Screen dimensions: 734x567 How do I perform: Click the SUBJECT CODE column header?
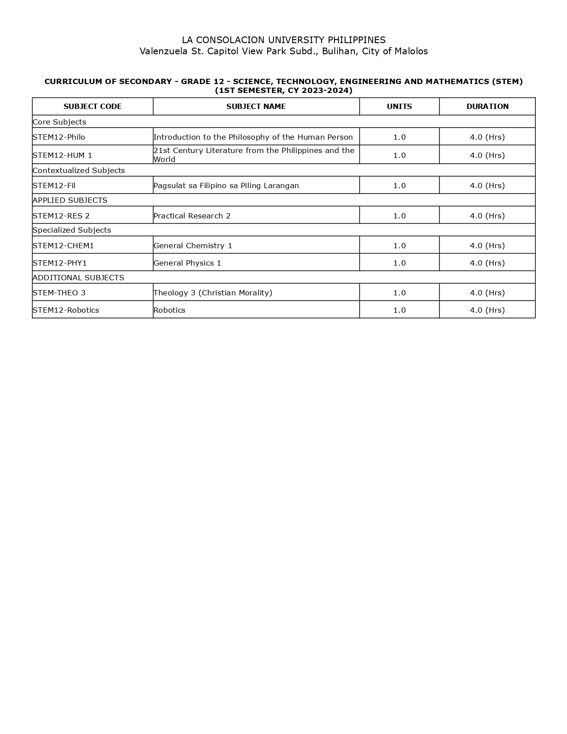(x=92, y=106)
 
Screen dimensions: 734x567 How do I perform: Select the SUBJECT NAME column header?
(x=256, y=106)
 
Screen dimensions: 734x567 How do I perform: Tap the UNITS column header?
(x=399, y=106)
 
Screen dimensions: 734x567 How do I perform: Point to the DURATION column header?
(x=487, y=106)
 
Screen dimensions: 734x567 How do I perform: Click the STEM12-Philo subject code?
(x=59, y=137)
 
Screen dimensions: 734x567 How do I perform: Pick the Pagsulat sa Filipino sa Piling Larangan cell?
(x=226, y=186)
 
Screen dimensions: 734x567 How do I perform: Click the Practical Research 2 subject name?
(x=192, y=216)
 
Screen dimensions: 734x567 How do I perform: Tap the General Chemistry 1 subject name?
(x=193, y=246)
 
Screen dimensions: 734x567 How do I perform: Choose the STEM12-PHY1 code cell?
(x=60, y=263)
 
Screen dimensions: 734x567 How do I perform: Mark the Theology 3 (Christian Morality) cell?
(x=213, y=293)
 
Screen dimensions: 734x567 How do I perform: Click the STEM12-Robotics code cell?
(x=66, y=310)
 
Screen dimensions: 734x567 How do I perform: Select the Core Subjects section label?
(x=59, y=122)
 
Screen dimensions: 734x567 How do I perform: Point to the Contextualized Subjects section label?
(x=79, y=170)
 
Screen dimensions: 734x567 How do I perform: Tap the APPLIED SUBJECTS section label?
(x=70, y=200)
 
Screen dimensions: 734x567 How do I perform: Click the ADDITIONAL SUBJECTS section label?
(x=78, y=278)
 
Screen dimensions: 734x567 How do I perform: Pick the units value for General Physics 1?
(x=399, y=263)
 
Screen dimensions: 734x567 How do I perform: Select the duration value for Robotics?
(x=487, y=310)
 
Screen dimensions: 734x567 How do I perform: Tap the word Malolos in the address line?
(x=411, y=51)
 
